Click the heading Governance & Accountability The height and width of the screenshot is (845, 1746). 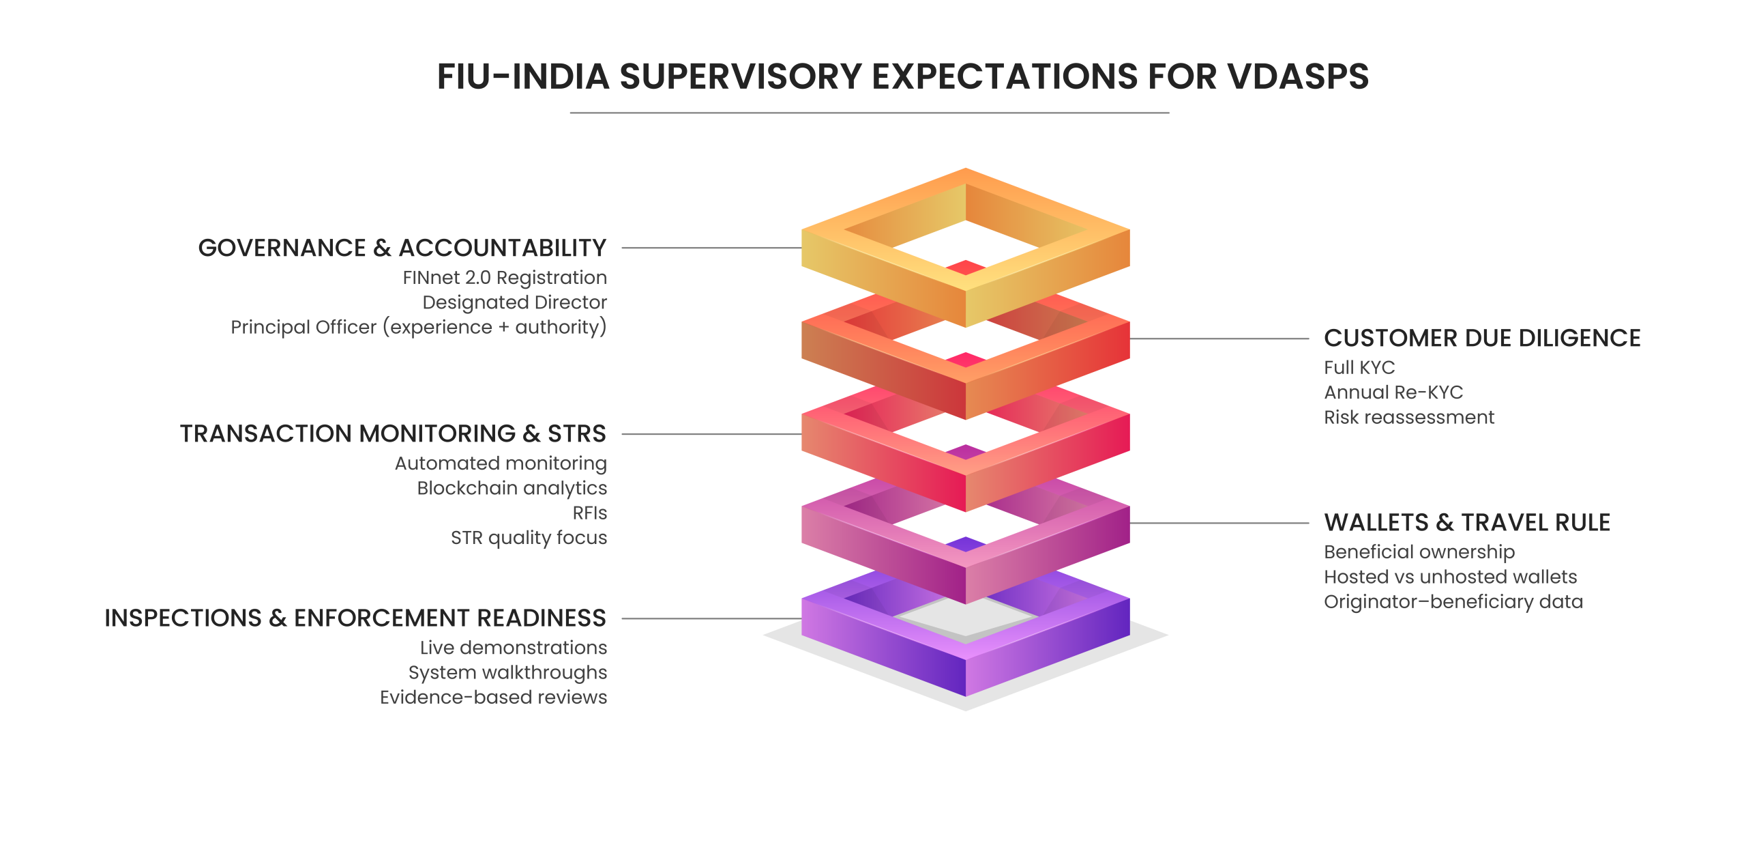pos(402,248)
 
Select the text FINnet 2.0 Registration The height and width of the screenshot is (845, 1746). pos(504,278)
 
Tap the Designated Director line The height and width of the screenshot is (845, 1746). pos(514,302)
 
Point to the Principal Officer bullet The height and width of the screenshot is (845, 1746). pos(418,328)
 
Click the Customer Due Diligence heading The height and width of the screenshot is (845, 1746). pos(1481,339)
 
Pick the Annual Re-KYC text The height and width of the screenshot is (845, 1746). pos(1393,392)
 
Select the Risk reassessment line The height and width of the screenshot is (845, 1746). pos(1408,417)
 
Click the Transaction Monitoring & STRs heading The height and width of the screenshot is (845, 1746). pos(393,434)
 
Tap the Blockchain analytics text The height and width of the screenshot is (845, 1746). pos(512,488)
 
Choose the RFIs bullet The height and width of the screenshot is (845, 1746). pos(589,513)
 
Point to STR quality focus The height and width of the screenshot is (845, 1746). pos(529,538)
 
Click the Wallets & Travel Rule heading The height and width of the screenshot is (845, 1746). pos(1466,523)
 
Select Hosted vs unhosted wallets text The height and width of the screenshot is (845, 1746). pos(1450,577)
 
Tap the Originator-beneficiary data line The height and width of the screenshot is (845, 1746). pos(1453,602)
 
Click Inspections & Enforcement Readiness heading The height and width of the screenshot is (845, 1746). pos(355,618)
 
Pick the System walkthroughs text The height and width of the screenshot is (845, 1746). pos(507,672)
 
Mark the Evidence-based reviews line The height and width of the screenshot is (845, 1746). pos(493,697)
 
